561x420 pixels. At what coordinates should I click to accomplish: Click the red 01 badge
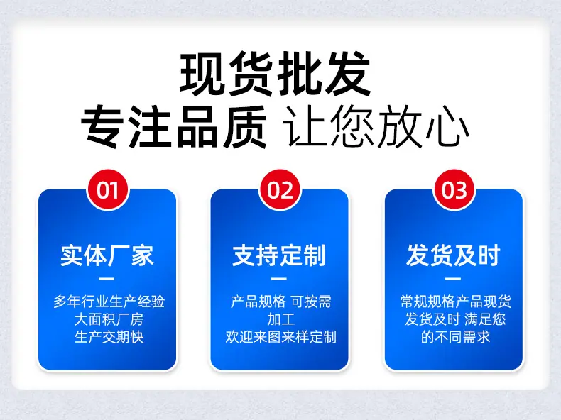[x=107, y=190]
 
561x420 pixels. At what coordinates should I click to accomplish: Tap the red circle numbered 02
[x=280, y=190]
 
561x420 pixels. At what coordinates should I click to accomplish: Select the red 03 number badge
[x=454, y=190]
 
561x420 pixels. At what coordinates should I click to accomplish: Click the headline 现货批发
[x=275, y=74]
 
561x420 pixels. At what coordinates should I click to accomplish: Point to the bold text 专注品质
[x=174, y=126]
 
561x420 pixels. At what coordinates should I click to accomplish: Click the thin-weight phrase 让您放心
[x=376, y=126]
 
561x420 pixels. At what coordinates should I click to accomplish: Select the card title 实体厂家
[x=107, y=255]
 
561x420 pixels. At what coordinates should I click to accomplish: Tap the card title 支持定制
[x=279, y=255]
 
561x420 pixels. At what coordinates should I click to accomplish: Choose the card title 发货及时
[x=453, y=255]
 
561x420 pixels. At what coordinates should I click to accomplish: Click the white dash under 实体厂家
[x=107, y=279]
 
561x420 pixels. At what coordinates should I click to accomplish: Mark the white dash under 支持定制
[x=278, y=279]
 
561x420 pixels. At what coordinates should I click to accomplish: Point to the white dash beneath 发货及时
[x=453, y=279]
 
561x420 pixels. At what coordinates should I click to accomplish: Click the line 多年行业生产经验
[x=109, y=302]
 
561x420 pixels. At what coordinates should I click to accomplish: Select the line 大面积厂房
[x=109, y=319]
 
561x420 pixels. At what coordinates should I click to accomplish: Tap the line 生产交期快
[x=109, y=337]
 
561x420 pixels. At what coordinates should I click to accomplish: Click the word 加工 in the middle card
[x=281, y=319]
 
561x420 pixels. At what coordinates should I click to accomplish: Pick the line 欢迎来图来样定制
[x=281, y=337]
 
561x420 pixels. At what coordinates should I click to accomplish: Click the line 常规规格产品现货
[x=455, y=302]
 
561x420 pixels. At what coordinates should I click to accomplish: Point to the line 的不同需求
[x=455, y=337]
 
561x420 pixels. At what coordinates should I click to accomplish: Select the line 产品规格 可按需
[x=281, y=302]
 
